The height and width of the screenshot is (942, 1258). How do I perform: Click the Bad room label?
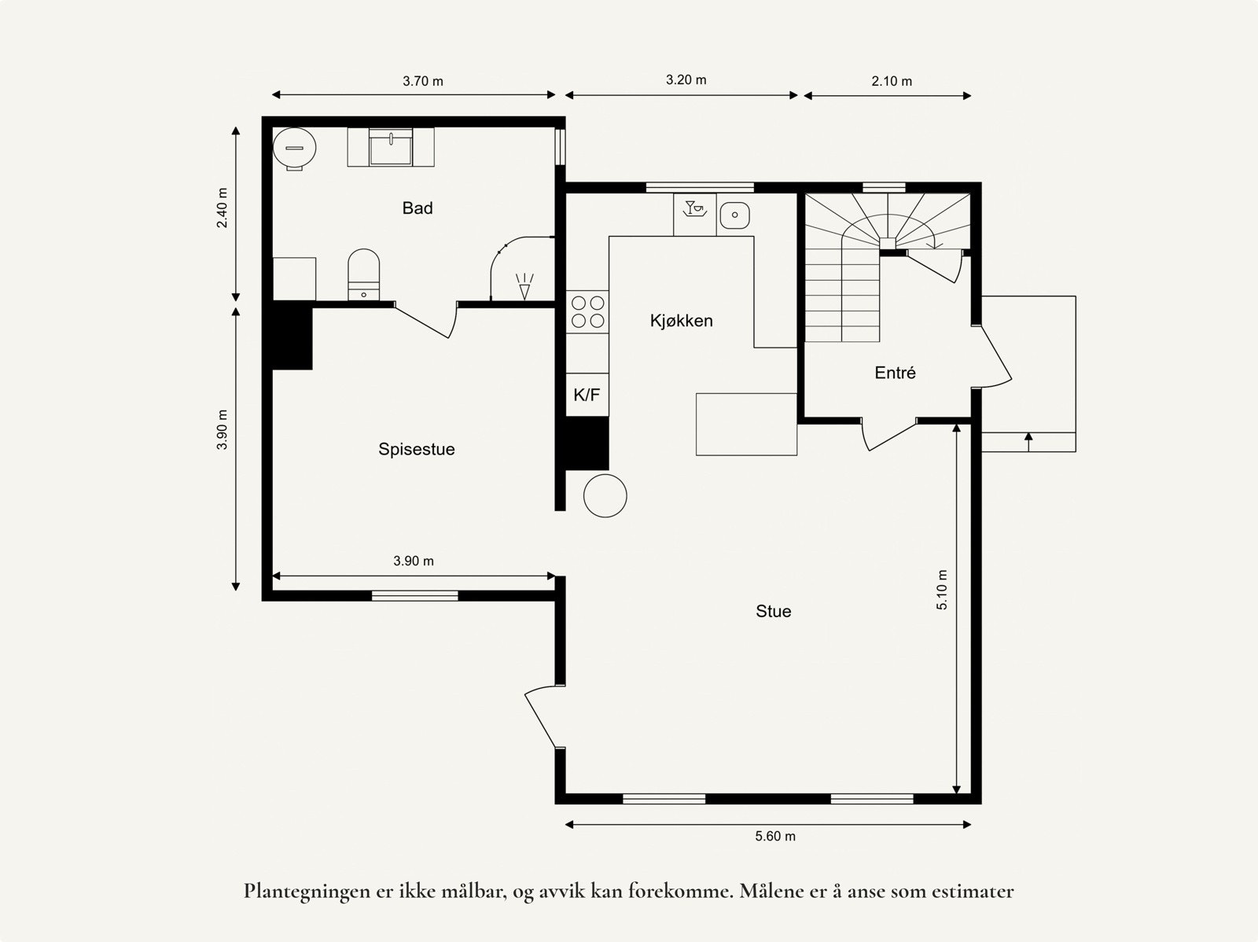point(417,208)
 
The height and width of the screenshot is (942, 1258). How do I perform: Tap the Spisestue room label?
point(416,450)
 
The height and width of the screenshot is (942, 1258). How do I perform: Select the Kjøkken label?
point(681,321)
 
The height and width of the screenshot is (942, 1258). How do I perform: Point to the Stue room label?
point(773,612)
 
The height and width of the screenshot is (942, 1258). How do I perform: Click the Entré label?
point(895,373)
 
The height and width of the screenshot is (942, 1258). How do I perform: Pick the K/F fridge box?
point(587,395)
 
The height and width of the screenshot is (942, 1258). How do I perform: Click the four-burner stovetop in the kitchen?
point(587,311)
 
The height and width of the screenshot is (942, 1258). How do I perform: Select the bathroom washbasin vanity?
point(391,148)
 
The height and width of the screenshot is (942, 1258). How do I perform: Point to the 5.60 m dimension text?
point(775,837)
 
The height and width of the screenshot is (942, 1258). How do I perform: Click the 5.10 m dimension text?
point(943,589)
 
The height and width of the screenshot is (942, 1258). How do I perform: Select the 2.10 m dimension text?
point(892,81)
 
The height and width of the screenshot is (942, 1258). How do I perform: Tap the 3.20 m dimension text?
point(686,80)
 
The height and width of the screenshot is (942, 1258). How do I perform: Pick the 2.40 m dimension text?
point(223,208)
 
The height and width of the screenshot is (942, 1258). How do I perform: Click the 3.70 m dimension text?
point(423,81)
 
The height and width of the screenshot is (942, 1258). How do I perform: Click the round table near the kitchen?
point(605,495)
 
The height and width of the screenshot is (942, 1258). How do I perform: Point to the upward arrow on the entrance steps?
point(1028,441)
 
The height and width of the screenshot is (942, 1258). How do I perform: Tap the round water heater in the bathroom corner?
point(295,147)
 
